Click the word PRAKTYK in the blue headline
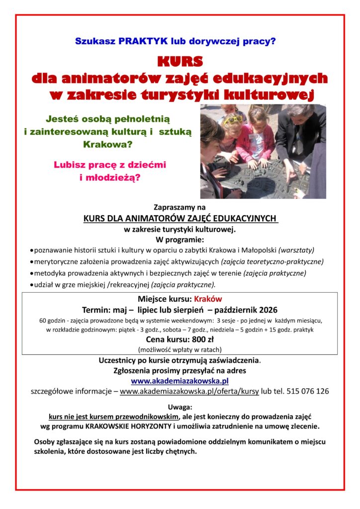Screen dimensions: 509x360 [x=139, y=41]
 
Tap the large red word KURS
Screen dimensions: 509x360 [x=180, y=62]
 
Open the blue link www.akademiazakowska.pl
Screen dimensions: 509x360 [x=180, y=381]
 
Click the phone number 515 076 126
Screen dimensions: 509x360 [x=304, y=391]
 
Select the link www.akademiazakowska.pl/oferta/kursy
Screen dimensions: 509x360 [x=189, y=391]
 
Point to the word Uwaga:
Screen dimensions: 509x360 [x=180, y=406]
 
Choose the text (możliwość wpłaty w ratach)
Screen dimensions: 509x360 [x=180, y=349]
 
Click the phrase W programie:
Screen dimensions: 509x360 [x=180, y=239]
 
